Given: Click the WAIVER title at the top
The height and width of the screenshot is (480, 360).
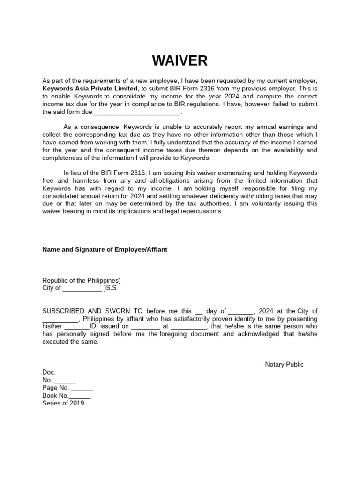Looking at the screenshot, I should [x=180, y=61].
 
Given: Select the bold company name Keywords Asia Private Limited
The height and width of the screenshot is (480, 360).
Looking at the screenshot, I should [x=90, y=89].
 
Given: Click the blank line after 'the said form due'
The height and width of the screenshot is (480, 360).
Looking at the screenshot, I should [x=137, y=112].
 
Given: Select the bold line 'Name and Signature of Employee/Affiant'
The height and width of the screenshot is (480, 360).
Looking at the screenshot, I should [x=105, y=249].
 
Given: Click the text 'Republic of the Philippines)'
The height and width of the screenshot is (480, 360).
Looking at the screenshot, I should [x=82, y=280].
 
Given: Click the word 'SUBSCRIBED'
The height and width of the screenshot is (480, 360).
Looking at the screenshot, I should [x=64, y=311].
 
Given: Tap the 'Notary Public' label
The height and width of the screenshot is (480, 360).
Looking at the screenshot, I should [x=284, y=364].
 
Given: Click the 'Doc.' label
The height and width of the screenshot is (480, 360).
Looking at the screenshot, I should [x=49, y=372].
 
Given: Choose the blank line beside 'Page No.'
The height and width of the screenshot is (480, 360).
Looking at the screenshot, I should [x=82, y=388].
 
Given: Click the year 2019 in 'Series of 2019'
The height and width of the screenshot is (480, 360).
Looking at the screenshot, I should [x=76, y=403].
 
